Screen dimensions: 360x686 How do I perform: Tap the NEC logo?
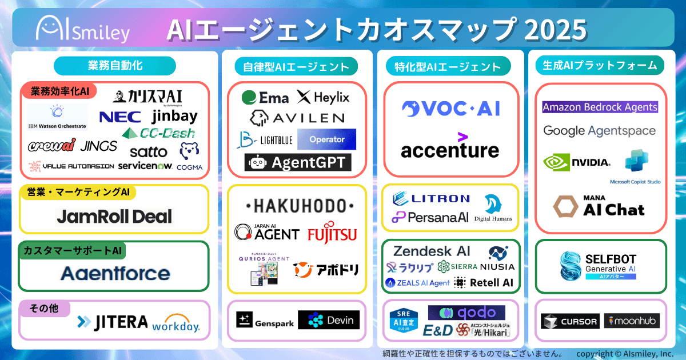coord(120,117)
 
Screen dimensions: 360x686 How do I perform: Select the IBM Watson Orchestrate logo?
coord(57,117)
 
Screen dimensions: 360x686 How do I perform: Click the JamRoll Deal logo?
coord(114,217)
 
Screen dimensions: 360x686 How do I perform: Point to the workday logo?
coord(176,323)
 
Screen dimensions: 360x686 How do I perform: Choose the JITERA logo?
coord(112,322)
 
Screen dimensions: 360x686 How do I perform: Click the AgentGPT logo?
coord(298,163)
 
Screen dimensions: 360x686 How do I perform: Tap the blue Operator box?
coord(326,139)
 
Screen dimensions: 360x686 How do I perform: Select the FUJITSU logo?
coord(332,234)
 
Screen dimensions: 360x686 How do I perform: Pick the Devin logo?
coord(329,321)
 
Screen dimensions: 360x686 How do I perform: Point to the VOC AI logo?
coord(450,109)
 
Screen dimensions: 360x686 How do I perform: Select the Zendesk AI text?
coord(432,251)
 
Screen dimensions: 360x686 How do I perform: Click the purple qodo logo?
coord(466,313)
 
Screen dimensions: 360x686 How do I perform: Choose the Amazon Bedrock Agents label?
coord(600,107)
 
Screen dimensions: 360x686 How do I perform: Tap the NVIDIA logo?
coord(577,162)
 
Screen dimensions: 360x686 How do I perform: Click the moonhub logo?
coord(632,321)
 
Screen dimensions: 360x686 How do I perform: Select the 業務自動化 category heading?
coord(115,65)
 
